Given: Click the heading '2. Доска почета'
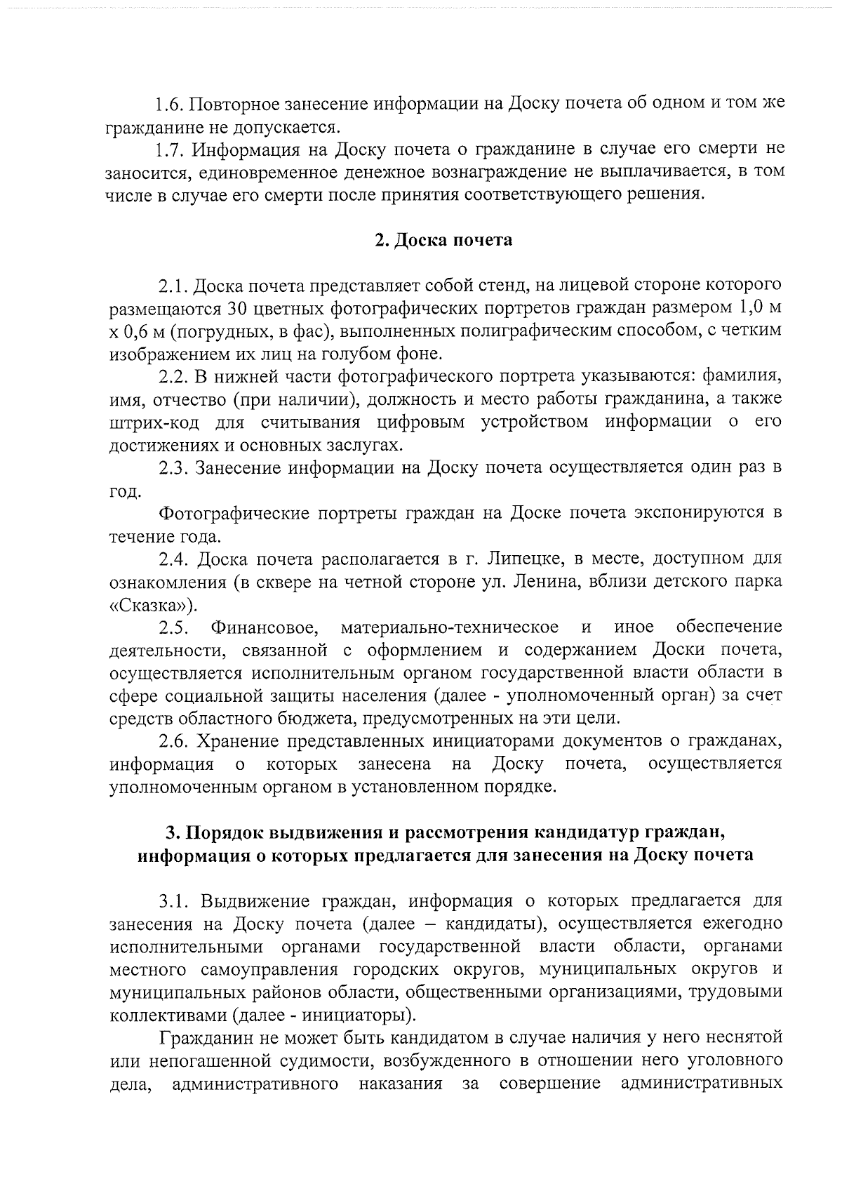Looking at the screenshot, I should [x=443, y=241].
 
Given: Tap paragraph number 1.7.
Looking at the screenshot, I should [x=169, y=149].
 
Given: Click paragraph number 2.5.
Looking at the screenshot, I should [x=171, y=627].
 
